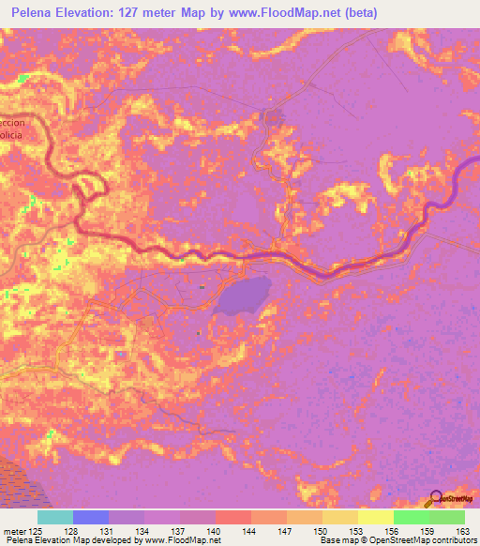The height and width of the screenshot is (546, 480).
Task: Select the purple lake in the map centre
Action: [242, 296]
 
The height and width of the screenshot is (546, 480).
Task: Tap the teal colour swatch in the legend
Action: [55, 517]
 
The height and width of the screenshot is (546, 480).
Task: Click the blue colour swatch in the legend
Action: [91, 517]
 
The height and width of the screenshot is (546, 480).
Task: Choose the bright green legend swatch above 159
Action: [411, 517]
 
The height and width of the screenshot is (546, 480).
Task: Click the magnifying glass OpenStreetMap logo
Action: [435, 498]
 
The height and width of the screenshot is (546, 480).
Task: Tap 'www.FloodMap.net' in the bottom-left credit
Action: [184, 541]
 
